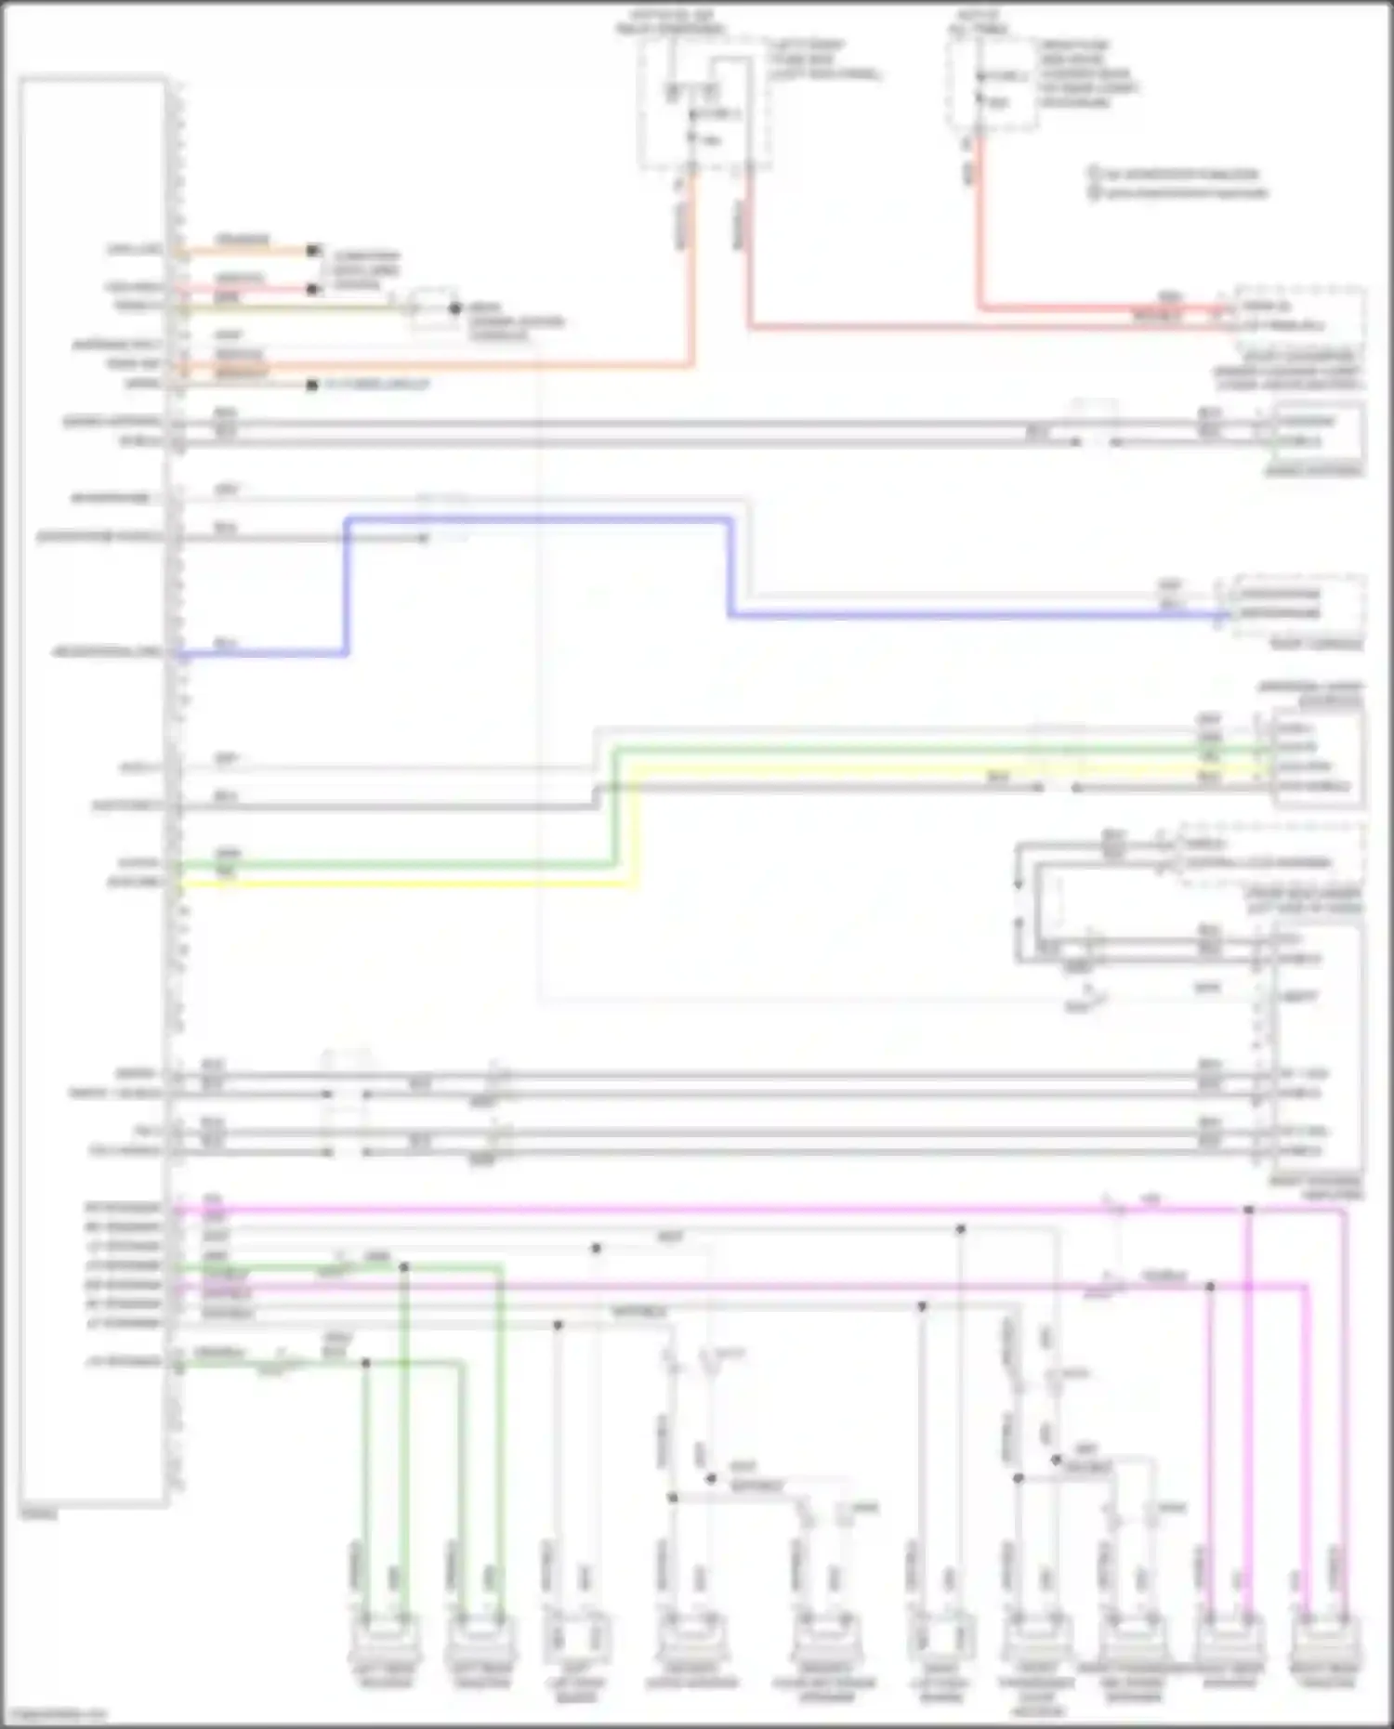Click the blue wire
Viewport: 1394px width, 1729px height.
[x=539, y=520]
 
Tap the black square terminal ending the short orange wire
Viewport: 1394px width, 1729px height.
[x=313, y=251]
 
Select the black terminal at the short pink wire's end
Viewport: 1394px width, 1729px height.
[x=313, y=290]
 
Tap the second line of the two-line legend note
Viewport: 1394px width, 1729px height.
[x=1180, y=193]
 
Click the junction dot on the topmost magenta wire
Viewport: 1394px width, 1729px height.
[x=1249, y=1210]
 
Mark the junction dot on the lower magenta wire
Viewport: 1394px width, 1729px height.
[x=1210, y=1287]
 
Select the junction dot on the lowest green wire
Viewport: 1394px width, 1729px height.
[x=365, y=1363]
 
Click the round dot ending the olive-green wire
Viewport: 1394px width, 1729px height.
[x=454, y=308]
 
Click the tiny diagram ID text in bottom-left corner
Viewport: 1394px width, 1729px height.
[x=56, y=1714]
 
